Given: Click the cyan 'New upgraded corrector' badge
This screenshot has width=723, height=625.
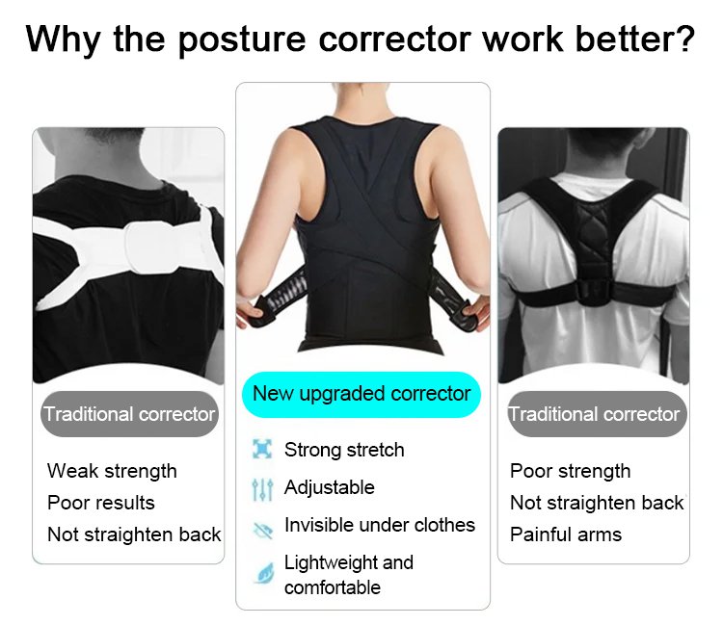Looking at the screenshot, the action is tap(361, 395).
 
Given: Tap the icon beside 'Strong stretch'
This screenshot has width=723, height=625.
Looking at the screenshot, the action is tap(262, 449).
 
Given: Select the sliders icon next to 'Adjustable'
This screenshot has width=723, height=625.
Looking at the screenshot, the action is tap(262, 489).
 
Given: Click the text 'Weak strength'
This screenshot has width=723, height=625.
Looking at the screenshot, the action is tap(112, 471).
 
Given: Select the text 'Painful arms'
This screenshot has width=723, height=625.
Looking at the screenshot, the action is tap(566, 534).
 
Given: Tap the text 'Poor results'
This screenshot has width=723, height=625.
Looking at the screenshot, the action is tap(101, 503).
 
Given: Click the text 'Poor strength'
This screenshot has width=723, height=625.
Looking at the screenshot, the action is tap(571, 471).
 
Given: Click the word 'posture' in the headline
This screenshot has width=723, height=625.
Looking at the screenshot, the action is tap(242, 40).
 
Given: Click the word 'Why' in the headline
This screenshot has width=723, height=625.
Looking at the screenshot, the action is tap(64, 40).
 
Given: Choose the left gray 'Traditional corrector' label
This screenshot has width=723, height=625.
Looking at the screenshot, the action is tap(129, 414).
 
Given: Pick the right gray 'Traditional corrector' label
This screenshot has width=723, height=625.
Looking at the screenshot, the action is tap(598, 414).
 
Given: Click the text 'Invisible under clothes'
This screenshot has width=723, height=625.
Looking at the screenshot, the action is tap(380, 525).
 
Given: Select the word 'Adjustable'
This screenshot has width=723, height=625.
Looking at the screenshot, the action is tap(330, 487).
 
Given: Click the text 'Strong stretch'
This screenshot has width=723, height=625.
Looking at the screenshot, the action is tap(344, 450).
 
